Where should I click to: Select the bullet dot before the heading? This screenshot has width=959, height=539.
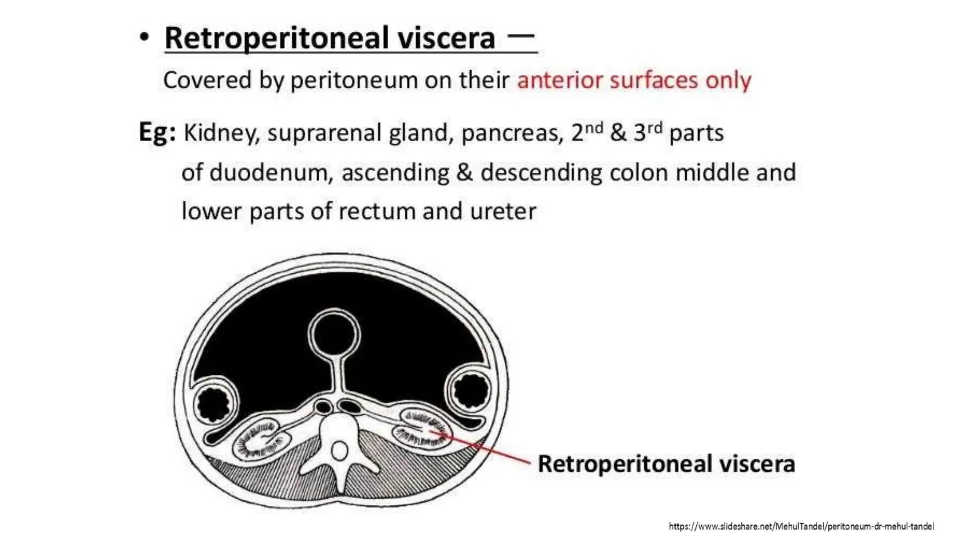(x=145, y=37)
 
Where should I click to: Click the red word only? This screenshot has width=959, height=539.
(x=728, y=80)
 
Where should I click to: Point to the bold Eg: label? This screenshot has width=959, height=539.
(x=157, y=133)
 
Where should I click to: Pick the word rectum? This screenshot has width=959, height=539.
(x=377, y=211)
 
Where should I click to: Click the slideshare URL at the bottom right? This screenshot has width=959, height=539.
(x=801, y=526)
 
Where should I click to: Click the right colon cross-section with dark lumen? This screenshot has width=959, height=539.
(x=470, y=390)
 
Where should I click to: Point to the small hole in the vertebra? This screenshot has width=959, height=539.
(x=339, y=452)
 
